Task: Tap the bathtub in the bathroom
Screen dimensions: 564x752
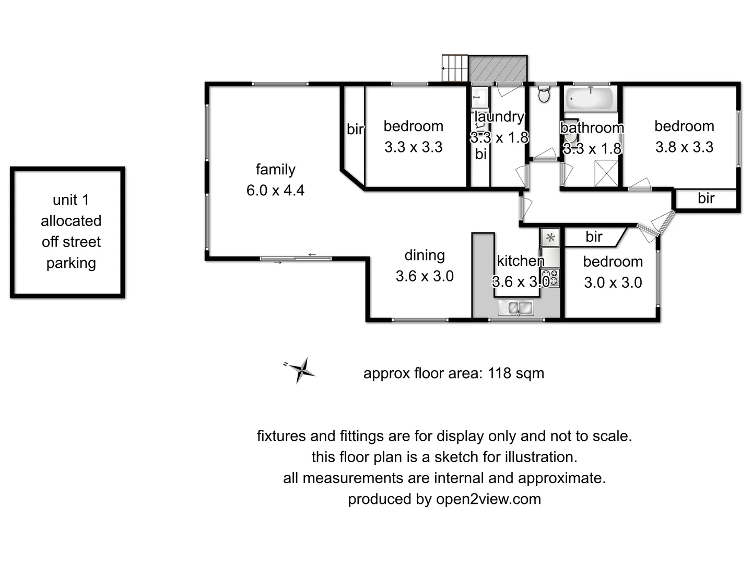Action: [591, 99]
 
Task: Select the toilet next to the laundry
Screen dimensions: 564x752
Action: [544, 95]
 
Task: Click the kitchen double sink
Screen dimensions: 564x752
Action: [515, 308]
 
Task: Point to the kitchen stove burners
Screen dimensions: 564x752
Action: [550, 277]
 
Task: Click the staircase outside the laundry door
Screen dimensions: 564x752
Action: [455, 68]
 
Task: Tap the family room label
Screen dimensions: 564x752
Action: [275, 170]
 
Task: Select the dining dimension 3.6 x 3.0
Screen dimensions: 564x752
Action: [425, 276]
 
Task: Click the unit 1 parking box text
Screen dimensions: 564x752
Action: [71, 231]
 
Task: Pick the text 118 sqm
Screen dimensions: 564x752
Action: [515, 373]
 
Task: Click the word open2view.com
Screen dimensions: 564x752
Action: [488, 499]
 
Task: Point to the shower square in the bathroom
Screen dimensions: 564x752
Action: [606, 173]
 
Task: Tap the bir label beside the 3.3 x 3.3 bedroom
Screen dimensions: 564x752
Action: [355, 129]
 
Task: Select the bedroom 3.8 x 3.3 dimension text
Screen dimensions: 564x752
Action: [684, 147]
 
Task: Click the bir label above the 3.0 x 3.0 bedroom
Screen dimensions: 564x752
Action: [594, 237]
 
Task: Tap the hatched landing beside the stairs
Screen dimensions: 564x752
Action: [498, 68]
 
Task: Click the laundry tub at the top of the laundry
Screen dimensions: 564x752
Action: [480, 97]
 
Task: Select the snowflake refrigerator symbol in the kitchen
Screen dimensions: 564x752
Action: [550, 238]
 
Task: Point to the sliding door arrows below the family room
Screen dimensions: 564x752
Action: [296, 258]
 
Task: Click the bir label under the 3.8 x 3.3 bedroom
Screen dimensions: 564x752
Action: [706, 198]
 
